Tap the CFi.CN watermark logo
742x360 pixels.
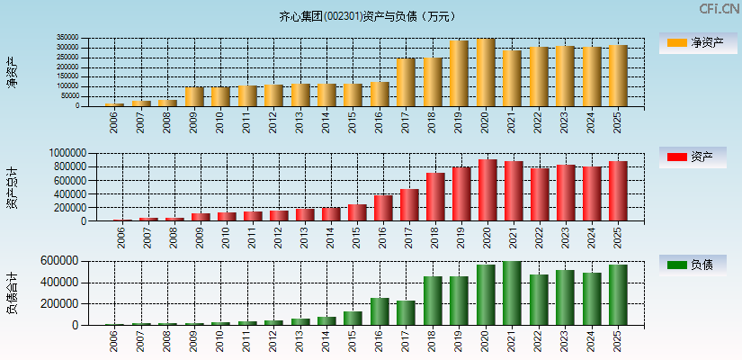[x=720, y=9]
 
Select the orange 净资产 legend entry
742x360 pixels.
[x=693, y=42]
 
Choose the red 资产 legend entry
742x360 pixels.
[x=693, y=157]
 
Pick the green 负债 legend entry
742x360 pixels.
[x=693, y=265]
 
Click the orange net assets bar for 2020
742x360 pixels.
[x=486, y=73]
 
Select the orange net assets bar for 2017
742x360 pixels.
[x=407, y=83]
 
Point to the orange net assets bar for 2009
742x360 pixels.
[x=194, y=96]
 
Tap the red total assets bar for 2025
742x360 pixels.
[x=618, y=191]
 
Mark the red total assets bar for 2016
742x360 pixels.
[x=383, y=208]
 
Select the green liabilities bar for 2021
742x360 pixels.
[x=513, y=293]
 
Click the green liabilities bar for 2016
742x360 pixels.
[x=380, y=311]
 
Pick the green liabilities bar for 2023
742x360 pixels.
[x=565, y=298]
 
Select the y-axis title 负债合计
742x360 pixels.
[x=13, y=292]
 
